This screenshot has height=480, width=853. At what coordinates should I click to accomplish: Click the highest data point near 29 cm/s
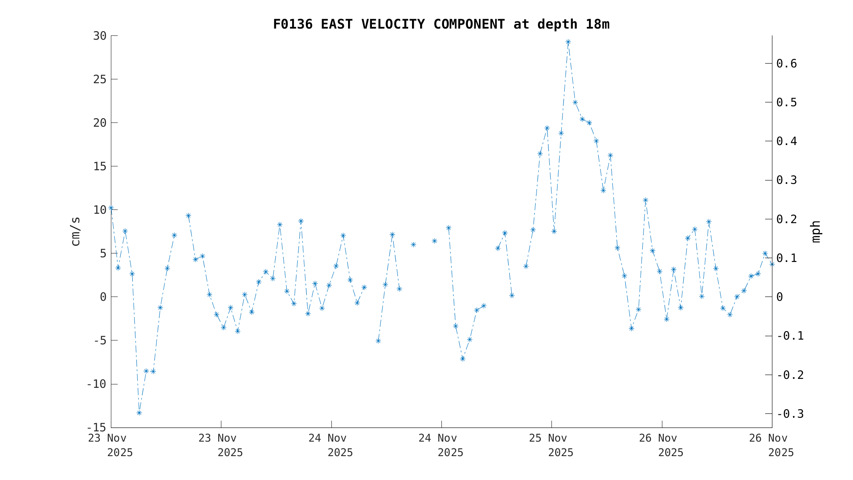[x=568, y=42]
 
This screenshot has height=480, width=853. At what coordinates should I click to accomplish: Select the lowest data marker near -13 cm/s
[x=139, y=413]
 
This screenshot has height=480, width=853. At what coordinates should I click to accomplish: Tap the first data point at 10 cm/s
[x=111, y=208]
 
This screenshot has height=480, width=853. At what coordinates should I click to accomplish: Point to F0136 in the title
[x=293, y=24]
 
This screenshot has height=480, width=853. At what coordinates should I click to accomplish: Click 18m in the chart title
[x=597, y=24]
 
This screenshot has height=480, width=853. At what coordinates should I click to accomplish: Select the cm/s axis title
[x=75, y=231]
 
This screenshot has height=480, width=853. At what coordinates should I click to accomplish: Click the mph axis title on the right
[x=815, y=231]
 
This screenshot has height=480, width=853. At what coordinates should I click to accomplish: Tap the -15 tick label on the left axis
[x=96, y=428]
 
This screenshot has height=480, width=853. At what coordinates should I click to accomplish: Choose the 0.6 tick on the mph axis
[x=786, y=64]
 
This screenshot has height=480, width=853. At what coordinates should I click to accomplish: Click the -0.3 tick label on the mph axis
[x=790, y=414]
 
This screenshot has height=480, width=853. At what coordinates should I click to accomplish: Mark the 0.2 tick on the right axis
[x=786, y=219]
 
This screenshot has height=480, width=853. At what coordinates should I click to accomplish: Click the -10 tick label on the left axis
[x=96, y=384]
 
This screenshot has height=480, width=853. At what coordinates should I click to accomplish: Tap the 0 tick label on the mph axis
[x=780, y=297]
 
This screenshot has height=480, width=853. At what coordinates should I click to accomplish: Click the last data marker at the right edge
[x=772, y=264]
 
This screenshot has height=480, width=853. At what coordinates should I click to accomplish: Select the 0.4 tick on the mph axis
[x=786, y=141]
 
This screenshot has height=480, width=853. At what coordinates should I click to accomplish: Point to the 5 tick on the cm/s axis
[x=103, y=253]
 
